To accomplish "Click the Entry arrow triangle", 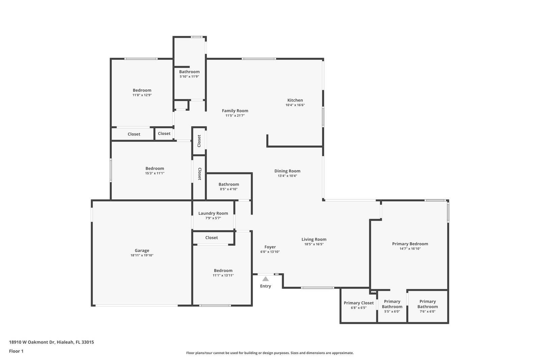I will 266,279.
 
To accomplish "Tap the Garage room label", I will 142,250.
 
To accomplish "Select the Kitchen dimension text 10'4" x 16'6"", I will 295,105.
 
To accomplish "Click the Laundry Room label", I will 213,213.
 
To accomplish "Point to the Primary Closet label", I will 358,303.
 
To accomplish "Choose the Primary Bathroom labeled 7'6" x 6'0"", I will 427,304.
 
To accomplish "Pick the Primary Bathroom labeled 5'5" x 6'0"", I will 392,304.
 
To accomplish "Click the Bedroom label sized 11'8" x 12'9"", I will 142,90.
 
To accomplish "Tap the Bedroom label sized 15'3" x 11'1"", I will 155,168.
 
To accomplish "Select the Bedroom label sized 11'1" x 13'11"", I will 223,271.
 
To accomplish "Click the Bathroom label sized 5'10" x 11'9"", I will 189,72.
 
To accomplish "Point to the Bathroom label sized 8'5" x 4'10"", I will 228,184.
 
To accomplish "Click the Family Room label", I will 235,111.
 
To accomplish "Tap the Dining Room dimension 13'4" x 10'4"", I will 287,176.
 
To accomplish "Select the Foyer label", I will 270,247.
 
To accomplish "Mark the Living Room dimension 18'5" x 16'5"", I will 314,244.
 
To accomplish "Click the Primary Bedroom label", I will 410,244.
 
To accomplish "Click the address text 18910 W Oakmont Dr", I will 32,342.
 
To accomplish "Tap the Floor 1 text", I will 16,351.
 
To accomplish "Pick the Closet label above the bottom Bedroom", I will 212,238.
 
